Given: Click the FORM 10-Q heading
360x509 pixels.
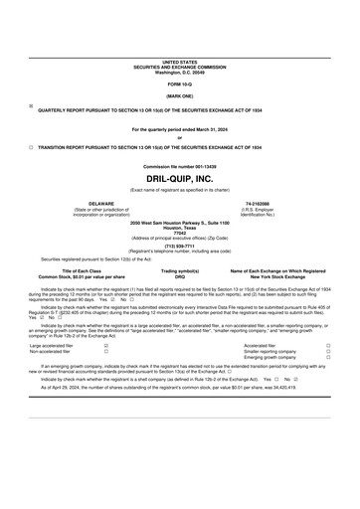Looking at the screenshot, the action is pyautogui.click(x=180, y=85).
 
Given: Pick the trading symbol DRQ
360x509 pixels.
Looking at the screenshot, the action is pyautogui.click(x=180, y=275).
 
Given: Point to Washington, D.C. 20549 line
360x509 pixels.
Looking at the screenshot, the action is pyautogui.click(x=180, y=73).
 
